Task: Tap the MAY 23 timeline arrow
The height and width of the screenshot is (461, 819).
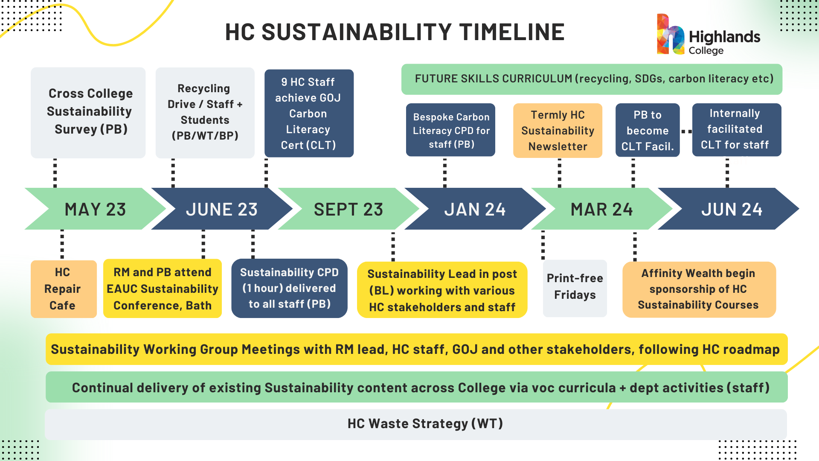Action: point(96,209)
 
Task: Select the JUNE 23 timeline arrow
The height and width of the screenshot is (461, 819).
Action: point(222,209)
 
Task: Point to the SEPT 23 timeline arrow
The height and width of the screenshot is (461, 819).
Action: point(349,209)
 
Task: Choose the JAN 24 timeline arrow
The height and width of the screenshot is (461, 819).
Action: point(475,209)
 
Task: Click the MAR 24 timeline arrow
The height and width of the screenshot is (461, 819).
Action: point(602,209)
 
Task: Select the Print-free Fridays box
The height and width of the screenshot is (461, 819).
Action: point(575,288)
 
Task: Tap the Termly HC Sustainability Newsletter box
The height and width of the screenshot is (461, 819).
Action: point(558,131)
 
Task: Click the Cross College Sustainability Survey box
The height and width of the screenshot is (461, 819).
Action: point(88,113)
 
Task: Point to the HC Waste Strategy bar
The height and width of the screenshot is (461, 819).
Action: point(416,424)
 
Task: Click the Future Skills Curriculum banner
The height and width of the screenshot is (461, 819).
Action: point(592,79)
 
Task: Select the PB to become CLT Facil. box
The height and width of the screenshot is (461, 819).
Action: point(648,130)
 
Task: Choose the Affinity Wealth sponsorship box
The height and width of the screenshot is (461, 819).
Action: point(699,289)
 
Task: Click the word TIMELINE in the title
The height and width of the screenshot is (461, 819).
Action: point(512,32)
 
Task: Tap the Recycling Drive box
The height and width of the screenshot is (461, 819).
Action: point(205,113)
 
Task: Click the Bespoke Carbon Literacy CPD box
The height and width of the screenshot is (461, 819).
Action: point(450,130)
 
